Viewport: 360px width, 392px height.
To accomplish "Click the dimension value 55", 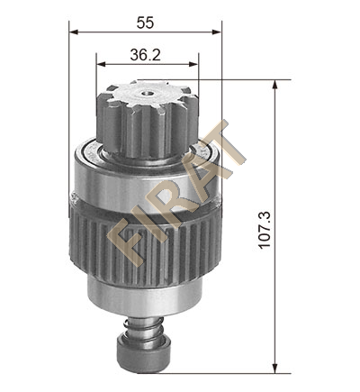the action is [145, 23].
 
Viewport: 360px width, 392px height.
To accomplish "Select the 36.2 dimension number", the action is [146, 55].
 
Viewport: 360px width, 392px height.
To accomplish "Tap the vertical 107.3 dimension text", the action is [265, 230].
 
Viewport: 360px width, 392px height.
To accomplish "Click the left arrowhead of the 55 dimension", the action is [74, 32].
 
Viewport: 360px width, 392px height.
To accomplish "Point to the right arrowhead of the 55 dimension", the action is [217, 32].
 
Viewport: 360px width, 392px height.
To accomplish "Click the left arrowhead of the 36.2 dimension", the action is [101, 64].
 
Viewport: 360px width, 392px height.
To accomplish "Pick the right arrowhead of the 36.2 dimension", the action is [193, 64].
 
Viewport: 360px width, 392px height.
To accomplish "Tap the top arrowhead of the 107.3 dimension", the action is [274, 85].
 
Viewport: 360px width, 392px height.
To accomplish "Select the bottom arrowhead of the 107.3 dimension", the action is [274, 369].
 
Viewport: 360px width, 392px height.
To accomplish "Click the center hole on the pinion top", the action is [148, 94].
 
